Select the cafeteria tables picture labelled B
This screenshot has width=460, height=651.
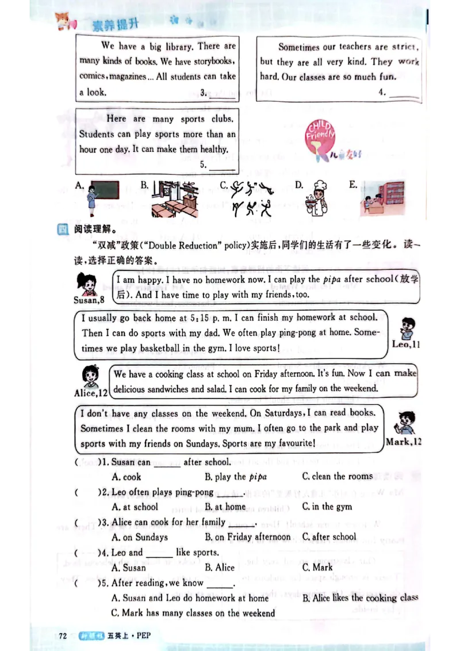175,198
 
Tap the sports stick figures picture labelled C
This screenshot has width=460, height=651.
251,198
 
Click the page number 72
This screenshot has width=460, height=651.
63,635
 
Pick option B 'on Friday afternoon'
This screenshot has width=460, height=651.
248,537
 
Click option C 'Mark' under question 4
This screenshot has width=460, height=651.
317,567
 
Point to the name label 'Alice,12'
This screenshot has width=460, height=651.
91,393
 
